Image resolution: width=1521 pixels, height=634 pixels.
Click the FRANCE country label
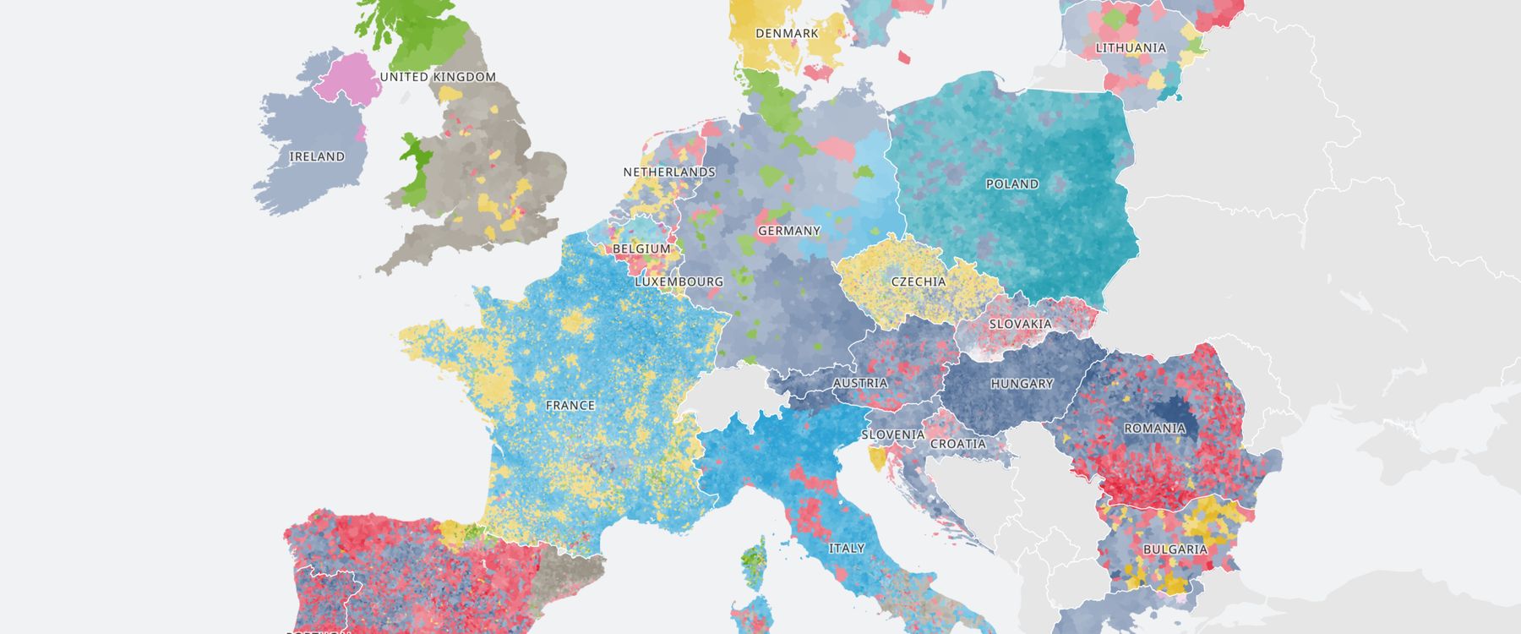(x=570, y=406)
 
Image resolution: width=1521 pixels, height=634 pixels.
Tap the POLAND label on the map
(x=1012, y=184)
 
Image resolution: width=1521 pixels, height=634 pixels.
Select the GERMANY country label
(x=789, y=231)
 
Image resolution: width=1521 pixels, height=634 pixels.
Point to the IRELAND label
(x=317, y=157)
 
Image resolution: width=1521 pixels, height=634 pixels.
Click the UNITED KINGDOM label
(x=438, y=77)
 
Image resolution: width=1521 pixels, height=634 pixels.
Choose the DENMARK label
(x=787, y=34)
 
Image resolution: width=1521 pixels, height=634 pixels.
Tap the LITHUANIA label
(x=1131, y=48)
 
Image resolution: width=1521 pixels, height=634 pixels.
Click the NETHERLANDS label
(x=669, y=172)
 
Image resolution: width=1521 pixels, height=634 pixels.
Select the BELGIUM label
(x=641, y=249)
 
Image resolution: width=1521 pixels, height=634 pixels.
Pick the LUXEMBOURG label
(x=679, y=281)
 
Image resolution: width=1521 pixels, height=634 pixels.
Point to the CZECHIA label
(x=919, y=281)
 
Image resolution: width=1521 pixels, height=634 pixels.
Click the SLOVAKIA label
(x=1021, y=324)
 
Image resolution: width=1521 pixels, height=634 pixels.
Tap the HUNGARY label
(x=1022, y=384)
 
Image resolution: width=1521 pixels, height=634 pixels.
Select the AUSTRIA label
(x=860, y=383)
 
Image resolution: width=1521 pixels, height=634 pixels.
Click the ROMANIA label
(x=1154, y=429)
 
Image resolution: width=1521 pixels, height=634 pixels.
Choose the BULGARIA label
(x=1175, y=549)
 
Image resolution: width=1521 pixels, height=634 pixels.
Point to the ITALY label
(x=847, y=549)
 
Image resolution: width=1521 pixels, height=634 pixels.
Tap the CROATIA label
(x=958, y=444)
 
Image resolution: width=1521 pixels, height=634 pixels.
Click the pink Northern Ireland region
(x=346, y=80)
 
